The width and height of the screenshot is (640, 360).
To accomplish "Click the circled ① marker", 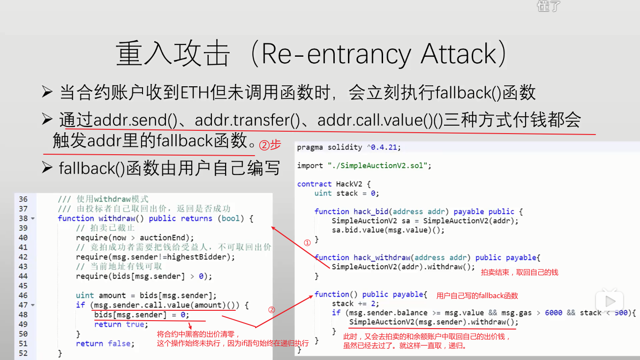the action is pos(307,243).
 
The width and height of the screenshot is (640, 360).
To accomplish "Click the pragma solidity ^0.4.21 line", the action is pos(349,147).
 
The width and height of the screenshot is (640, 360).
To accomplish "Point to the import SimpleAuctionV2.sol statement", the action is pos(364,165).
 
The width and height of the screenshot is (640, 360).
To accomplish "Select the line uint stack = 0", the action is pos(346,193).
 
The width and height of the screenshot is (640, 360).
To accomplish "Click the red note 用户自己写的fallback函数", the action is pos(477,296).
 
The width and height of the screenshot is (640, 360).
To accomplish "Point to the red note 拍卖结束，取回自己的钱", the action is pos(520,272).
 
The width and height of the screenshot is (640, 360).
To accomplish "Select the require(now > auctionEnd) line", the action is pos(135,238).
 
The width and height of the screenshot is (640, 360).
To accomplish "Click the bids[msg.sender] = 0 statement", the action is pos(142,315).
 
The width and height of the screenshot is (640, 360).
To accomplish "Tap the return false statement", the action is pos(105,344).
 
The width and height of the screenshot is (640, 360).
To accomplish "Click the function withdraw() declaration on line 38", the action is pos(155,218).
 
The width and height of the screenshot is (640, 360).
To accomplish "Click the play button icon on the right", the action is pos(610,300).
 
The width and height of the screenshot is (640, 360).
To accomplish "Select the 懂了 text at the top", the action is pos(549,6).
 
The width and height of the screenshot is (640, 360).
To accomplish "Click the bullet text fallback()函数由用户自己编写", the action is pos(169,168).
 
